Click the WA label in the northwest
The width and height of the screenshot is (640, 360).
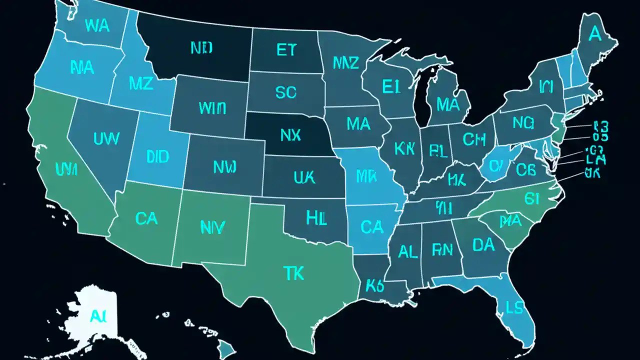(97, 26)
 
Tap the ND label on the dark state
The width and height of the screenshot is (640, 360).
(201, 48)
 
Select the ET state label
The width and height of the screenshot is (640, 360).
(285, 50)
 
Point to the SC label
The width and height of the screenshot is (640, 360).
(285, 92)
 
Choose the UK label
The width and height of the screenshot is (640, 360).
(304, 177)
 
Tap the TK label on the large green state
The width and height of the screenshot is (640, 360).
(293, 273)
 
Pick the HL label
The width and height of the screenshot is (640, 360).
(316, 217)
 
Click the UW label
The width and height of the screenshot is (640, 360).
(106, 138)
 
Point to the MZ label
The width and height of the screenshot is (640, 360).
(141, 84)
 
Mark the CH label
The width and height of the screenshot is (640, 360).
(474, 139)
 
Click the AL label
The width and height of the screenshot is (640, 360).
(407, 252)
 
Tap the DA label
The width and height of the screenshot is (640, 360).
(483, 244)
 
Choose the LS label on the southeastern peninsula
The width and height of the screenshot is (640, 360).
(514, 307)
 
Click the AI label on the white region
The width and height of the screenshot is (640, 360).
(96, 315)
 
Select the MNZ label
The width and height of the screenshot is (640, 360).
(345, 63)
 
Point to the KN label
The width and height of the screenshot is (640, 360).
(404, 148)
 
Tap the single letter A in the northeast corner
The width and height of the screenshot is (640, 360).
(594, 34)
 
